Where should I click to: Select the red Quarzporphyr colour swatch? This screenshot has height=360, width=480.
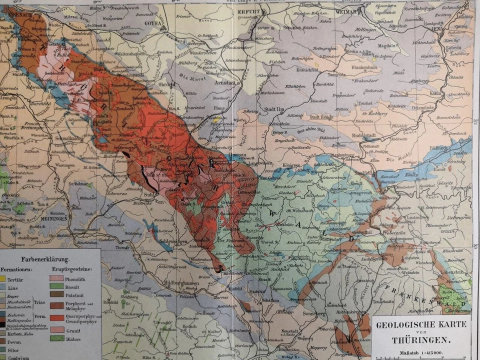(x=56, y=317)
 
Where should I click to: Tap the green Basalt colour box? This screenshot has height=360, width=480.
(x=56, y=286)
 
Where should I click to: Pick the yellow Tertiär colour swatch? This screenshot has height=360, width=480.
(x=2, y=278)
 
